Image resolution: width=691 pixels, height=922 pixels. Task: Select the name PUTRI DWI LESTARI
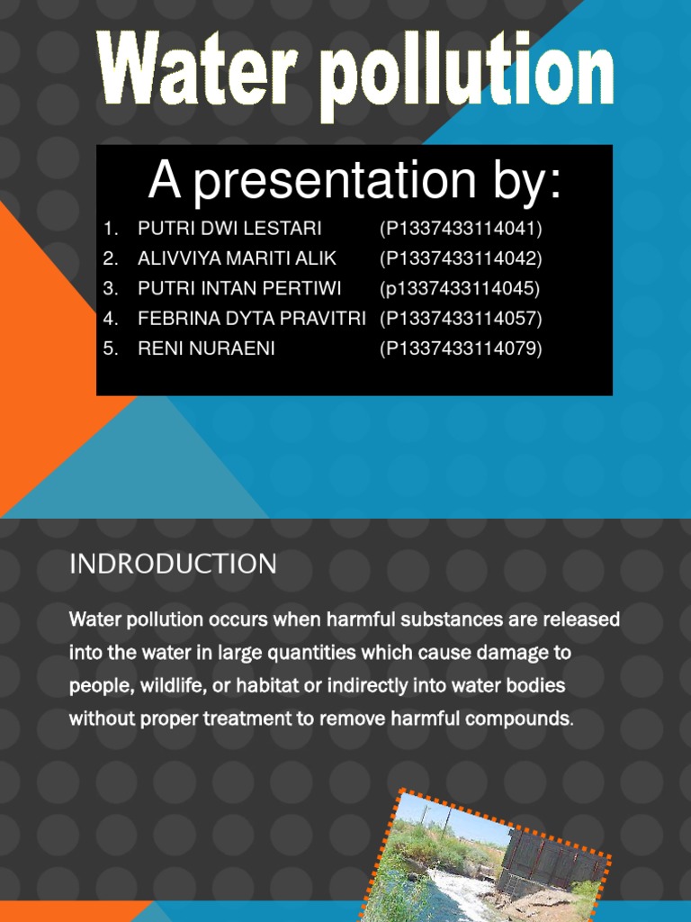[x=229, y=228]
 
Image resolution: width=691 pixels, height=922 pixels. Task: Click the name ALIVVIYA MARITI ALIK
[x=237, y=258]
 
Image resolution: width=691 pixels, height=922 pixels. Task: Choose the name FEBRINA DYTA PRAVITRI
[x=251, y=318]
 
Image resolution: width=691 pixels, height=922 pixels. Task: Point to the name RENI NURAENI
[x=206, y=348]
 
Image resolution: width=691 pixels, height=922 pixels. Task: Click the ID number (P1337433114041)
[x=461, y=228]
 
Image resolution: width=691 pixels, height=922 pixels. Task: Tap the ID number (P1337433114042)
[x=461, y=258]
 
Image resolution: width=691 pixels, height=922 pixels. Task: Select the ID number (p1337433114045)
[x=460, y=288]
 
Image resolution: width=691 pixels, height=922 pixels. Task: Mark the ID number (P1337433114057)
[x=461, y=318]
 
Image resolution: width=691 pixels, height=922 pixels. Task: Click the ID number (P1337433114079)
[x=461, y=348]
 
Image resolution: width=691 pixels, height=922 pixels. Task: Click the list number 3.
[x=110, y=288]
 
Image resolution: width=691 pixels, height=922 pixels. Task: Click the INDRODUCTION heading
[x=173, y=564]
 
